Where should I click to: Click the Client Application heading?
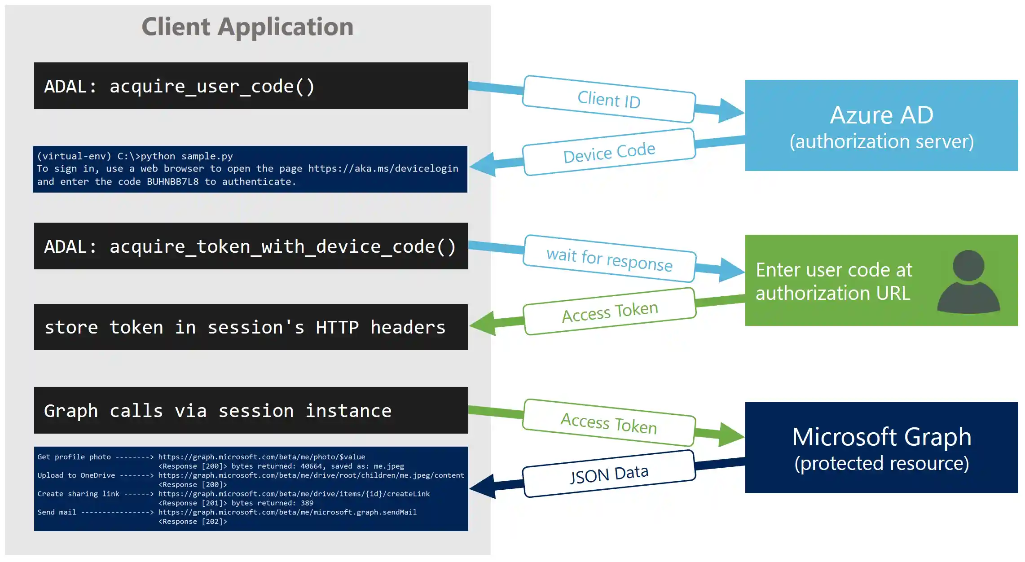coord(247,26)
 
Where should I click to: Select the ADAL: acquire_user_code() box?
coord(251,86)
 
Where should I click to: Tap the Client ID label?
coord(609,99)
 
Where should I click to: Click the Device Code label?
coord(609,152)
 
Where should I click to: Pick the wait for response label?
coord(609,259)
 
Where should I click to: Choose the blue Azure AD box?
coord(881,125)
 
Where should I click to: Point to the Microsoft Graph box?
coord(881,448)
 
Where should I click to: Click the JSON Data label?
coord(609,474)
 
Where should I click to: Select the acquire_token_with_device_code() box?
coord(251,246)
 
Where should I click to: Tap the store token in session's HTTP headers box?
coord(251,327)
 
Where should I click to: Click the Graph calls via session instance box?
coord(251,410)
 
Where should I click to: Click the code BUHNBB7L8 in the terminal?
coord(172,182)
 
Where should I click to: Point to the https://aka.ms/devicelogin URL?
coord(383,169)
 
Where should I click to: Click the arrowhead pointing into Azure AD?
coord(730,111)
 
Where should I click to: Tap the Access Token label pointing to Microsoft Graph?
coord(609,423)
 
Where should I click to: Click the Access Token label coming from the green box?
coord(610,312)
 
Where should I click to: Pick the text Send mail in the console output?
coord(57,512)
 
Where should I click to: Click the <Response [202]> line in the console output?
coord(193,522)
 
